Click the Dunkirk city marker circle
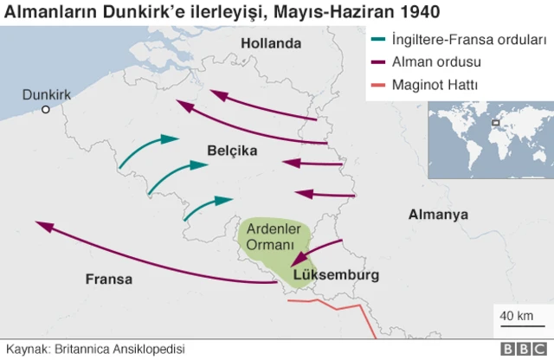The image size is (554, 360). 46,109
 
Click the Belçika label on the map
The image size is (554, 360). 232,151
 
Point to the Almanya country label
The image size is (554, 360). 438,214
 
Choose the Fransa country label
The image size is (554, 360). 109,279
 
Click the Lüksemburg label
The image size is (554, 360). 336,276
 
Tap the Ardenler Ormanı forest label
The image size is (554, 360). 273,237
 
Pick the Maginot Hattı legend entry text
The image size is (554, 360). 435,85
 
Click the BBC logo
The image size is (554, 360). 523,349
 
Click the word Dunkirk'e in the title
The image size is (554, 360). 143,12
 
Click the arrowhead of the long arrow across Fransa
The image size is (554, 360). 42,224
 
